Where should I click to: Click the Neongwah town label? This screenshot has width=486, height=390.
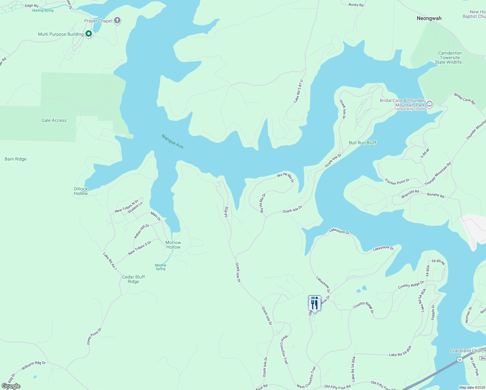click(x=429, y=19)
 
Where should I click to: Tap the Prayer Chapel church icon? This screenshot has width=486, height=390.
click(x=117, y=21)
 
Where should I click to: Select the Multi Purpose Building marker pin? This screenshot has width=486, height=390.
click(x=88, y=34)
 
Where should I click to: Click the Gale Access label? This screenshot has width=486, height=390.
click(x=54, y=121)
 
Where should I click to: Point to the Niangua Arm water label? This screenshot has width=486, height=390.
click(x=173, y=142)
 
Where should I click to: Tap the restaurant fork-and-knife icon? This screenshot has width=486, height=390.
click(x=314, y=304)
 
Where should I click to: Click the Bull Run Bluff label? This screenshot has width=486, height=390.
click(x=362, y=143)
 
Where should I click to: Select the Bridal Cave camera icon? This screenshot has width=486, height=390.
click(x=429, y=104)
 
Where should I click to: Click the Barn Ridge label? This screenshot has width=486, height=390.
click(x=16, y=159)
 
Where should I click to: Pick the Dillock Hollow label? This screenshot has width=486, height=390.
click(x=81, y=191)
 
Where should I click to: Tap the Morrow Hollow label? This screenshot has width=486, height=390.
click(x=173, y=245)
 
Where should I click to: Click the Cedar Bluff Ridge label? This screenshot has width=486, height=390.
click(x=133, y=279)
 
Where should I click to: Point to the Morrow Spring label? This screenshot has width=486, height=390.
click(x=160, y=267)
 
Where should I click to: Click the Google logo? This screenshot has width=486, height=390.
click(x=11, y=386)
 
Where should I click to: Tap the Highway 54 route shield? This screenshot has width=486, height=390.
click(x=459, y=359)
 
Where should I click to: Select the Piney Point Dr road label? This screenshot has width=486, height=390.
click(x=94, y=336)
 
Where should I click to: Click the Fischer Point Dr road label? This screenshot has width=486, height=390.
click(x=397, y=182)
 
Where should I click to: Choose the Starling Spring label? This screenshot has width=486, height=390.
click(x=43, y=11)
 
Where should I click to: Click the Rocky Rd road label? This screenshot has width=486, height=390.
click(x=356, y=5)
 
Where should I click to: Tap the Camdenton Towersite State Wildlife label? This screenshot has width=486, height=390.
click(x=450, y=58)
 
